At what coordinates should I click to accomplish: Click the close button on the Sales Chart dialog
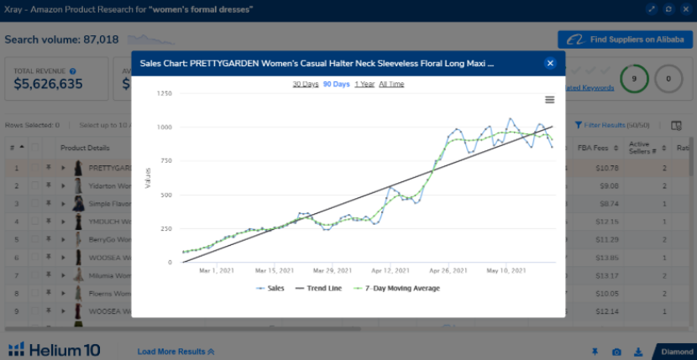coord(550,63)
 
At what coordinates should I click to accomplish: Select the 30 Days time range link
coord(305,84)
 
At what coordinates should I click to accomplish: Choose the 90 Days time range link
coord(336,84)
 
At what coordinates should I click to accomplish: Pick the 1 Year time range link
coord(364,84)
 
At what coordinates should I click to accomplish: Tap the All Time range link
coord(391,84)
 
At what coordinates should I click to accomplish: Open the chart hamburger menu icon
coord(550,100)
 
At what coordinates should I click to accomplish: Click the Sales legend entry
coord(270,289)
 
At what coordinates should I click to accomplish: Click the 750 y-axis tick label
coord(165,160)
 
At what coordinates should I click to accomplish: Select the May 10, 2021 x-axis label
coord(506,271)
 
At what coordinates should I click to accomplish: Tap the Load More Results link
coord(176,351)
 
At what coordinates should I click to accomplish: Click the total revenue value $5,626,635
coord(49,84)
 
